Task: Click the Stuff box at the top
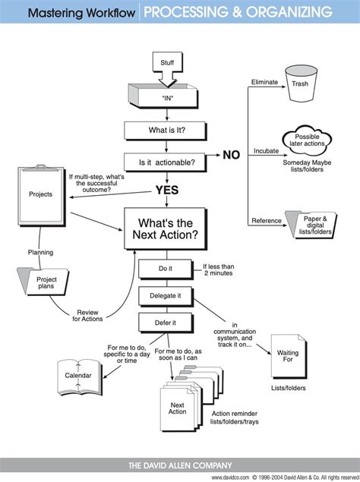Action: coord(168,61)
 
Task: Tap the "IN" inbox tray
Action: coord(168,96)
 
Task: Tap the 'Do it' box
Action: coord(165,269)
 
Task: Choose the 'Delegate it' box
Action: coord(165,295)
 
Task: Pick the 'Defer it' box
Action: coord(165,323)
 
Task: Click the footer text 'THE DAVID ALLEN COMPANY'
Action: coord(180,465)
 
